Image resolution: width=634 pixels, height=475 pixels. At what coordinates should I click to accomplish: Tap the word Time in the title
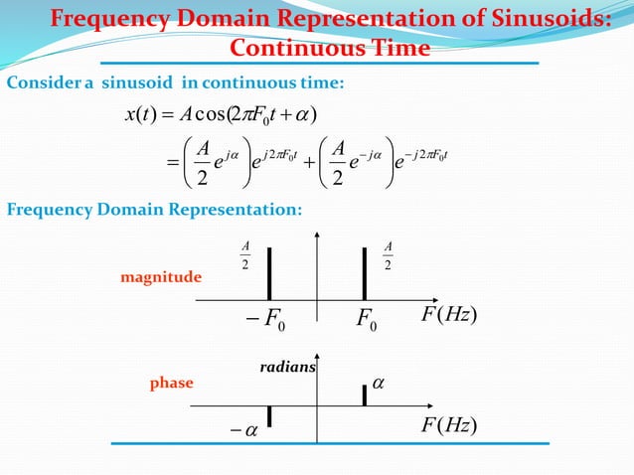tap(402, 49)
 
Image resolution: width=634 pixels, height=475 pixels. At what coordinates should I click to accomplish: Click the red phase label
tap(171, 382)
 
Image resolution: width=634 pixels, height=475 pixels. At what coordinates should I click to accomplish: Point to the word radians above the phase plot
tap(287, 367)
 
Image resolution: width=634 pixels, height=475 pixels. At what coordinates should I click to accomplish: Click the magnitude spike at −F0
tap(268, 272)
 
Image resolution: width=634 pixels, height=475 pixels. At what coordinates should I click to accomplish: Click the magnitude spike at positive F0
tap(365, 272)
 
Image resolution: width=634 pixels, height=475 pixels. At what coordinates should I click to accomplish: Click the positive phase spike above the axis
tap(365, 395)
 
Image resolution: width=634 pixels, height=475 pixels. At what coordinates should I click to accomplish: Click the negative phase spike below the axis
tap(268, 416)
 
